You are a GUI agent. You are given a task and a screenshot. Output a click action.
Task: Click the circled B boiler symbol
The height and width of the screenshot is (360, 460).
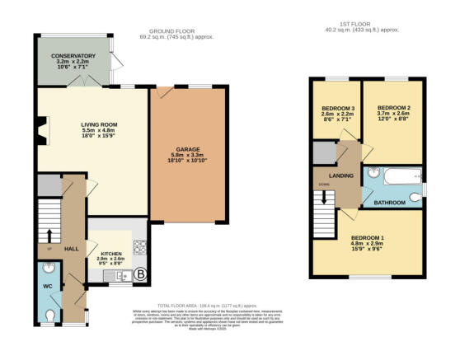click(x=140, y=275)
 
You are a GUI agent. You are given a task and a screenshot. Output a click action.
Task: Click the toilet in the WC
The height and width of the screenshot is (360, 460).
click(x=51, y=314)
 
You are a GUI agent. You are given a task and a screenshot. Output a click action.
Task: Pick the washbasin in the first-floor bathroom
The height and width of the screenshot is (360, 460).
click(x=372, y=174)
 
